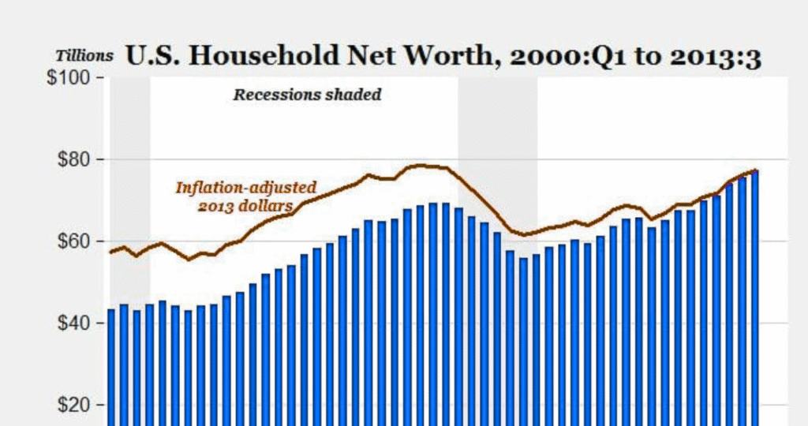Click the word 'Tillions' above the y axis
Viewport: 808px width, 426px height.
click(84, 56)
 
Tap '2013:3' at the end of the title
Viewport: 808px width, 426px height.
click(720, 57)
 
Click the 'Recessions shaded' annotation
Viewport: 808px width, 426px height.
click(307, 95)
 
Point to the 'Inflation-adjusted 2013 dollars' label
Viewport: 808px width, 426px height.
click(245, 196)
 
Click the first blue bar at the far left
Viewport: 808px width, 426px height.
click(111, 367)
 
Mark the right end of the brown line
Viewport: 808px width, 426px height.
click(756, 170)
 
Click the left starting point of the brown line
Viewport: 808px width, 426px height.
click(110, 252)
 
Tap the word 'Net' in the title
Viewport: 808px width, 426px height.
click(359, 57)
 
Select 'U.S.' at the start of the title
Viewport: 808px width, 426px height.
click(145, 57)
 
